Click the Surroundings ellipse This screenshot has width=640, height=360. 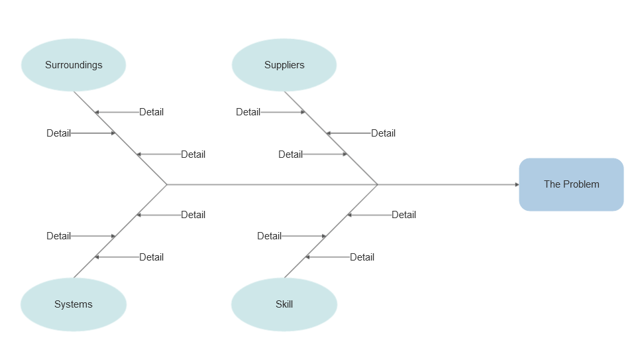click(x=74, y=65)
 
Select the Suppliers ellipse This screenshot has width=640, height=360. click(x=284, y=65)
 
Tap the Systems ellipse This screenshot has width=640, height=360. click(x=74, y=304)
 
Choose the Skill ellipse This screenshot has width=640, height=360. click(x=284, y=304)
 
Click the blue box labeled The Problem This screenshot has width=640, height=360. click(x=571, y=185)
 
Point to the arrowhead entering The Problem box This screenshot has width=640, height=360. click(x=517, y=185)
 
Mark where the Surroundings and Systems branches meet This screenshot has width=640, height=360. click(x=167, y=185)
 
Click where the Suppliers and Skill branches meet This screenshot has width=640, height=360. click(x=378, y=185)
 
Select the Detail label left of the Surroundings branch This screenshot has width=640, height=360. click(x=59, y=133)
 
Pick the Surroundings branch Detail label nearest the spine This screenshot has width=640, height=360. click(x=193, y=154)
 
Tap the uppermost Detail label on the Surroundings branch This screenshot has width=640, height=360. click(x=152, y=112)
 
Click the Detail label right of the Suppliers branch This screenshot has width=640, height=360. click(x=383, y=133)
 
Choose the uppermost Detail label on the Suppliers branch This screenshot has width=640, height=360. click(x=248, y=112)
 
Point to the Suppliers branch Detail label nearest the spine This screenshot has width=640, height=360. click(x=291, y=154)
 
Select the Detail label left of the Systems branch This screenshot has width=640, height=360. click(x=59, y=236)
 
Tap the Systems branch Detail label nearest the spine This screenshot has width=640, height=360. click(x=193, y=215)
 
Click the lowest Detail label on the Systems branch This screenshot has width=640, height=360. click(x=152, y=257)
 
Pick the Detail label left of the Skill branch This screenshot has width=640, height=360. click(x=270, y=236)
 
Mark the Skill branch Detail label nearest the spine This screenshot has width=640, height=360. click(x=403, y=215)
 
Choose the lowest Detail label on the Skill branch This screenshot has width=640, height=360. click(x=362, y=257)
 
